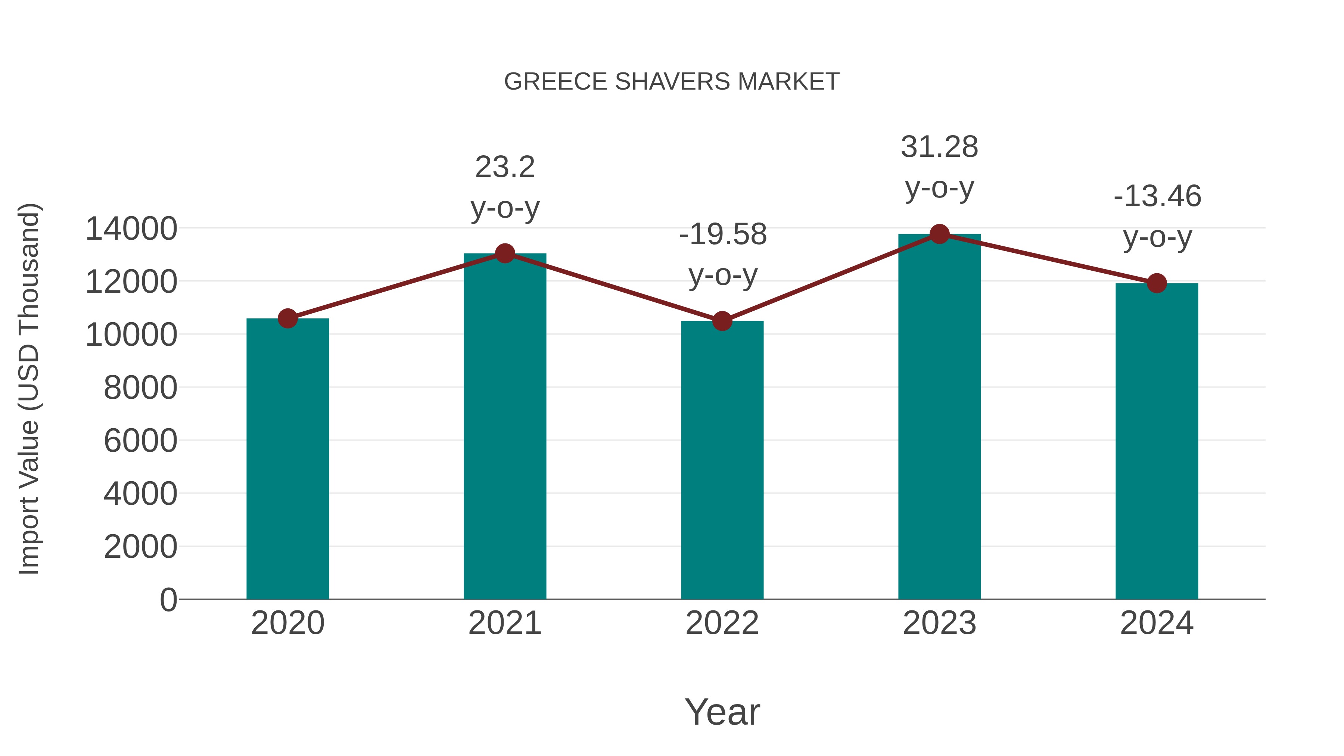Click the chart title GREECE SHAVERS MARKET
point(672,82)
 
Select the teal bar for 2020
point(287,459)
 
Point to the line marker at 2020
point(287,318)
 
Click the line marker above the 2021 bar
point(504,253)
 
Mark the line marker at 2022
point(722,321)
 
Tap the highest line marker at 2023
point(939,234)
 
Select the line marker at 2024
point(1157,283)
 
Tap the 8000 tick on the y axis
point(140,388)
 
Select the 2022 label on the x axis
point(722,623)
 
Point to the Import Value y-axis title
point(29,389)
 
